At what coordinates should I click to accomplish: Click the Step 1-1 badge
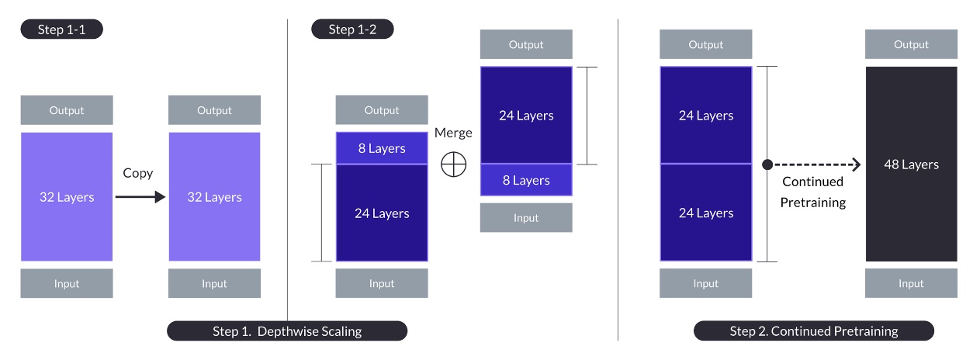click(x=61, y=29)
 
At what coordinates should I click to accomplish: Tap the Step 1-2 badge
click(x=352, y=29)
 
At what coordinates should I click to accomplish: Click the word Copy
click(x=137, y=172)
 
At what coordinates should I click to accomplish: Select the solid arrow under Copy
click(x=140, y=197)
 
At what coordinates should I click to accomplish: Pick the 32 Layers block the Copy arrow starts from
click(x=67, y=197)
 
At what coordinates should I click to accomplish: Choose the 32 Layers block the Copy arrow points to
click(x=214, y=197)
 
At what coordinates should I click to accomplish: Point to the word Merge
click(x=453, y=133)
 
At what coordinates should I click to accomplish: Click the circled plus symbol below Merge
click(x=453, y=164)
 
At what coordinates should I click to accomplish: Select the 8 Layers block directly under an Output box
click(x=382, y=148)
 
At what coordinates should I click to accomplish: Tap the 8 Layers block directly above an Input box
click(x=526, y=180)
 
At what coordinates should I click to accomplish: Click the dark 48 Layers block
click(x=911, y=164)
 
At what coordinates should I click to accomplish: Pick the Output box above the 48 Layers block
click(x=911, y=45)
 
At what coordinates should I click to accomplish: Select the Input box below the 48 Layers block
click(x=911, y=283)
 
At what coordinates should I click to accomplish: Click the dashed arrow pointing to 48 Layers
click(x=819, y=164)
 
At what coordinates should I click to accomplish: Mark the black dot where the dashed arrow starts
click(x=767, y=164)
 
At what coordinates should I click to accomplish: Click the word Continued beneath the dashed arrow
click(x=812, y=182)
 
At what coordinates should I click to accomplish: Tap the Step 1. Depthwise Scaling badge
click(x=287, y=331)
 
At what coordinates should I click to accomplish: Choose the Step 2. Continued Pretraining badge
click(x=814, y=331)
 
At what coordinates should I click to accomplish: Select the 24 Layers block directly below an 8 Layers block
click(x=382, y=213)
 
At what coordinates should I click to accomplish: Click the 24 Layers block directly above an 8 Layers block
click(x=526, y=116)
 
